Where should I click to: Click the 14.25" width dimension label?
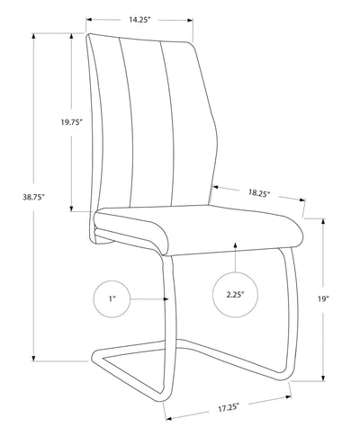(139, 18)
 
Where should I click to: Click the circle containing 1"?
(111, 296)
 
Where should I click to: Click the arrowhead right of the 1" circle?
(165, 296)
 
